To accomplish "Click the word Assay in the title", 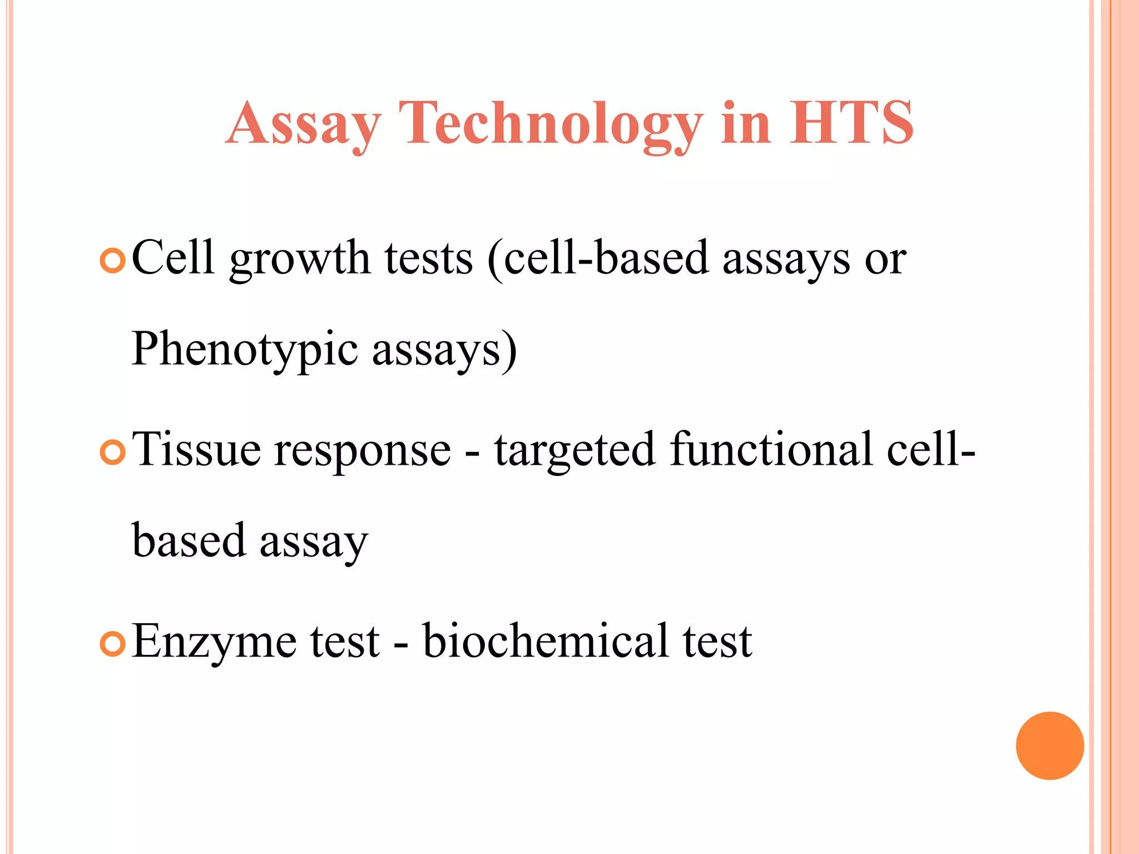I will [x=303, y=123].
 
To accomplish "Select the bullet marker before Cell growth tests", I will [x=113, y=261].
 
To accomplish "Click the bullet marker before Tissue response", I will [x=113, y=453].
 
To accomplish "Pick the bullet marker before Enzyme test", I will [x=113, y=644].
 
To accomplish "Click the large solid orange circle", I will [x=1049, y=746].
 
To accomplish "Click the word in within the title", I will [x=746, y=123].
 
